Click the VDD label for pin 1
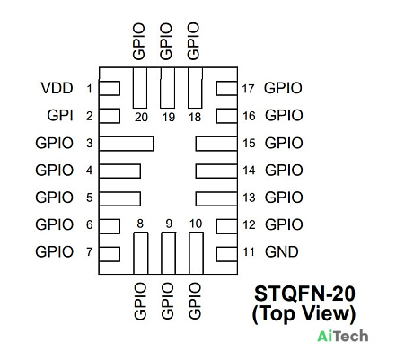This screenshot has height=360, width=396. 57,88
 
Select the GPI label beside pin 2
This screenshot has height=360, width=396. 60,116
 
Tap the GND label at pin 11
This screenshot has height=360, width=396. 282,252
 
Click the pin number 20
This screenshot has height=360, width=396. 141,117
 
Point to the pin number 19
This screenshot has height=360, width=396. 169,117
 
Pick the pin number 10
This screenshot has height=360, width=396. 196,224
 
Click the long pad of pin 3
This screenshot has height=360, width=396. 126,144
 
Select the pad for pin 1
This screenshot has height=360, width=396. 110,88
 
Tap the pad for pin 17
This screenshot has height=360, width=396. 227,88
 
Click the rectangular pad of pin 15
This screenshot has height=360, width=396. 216,144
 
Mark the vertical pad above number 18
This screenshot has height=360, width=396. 195,88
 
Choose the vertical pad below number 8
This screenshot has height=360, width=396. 141,253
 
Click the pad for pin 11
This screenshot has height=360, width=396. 227,254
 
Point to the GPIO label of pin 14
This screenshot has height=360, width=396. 284,171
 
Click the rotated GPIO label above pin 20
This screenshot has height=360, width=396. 139,41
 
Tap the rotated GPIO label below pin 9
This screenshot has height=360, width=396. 167,302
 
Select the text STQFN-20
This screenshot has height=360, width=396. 304,294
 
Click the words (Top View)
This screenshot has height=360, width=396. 304,314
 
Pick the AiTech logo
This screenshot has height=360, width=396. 343,336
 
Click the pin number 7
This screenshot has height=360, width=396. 90,252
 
